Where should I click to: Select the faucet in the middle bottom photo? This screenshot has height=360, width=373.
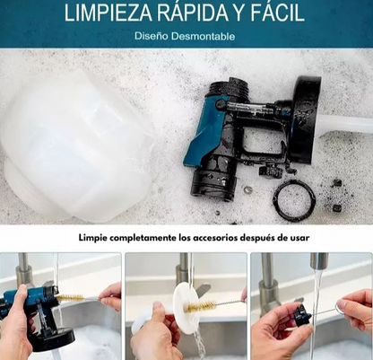click(184, 274)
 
